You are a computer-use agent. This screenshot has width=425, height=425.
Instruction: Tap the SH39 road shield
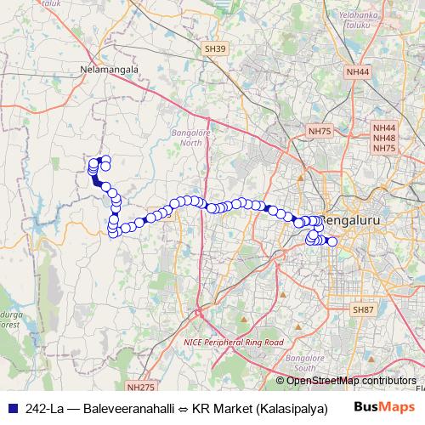[x=216, y=51]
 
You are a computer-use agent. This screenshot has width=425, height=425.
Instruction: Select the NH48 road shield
[x=384, y=138]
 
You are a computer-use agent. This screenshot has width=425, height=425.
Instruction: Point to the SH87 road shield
[x=363, y=310]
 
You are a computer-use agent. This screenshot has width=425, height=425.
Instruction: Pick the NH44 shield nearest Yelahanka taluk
[x=358, y=73]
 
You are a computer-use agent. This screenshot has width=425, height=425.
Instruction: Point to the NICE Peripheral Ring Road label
[x=232, y=342]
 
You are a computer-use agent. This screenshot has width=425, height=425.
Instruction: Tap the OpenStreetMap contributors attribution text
[x=351, y=380]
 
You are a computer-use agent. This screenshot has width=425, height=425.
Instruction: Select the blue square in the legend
[x=12, y=407]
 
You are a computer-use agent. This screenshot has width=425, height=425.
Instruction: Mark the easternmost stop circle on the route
[x=332, y=242]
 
